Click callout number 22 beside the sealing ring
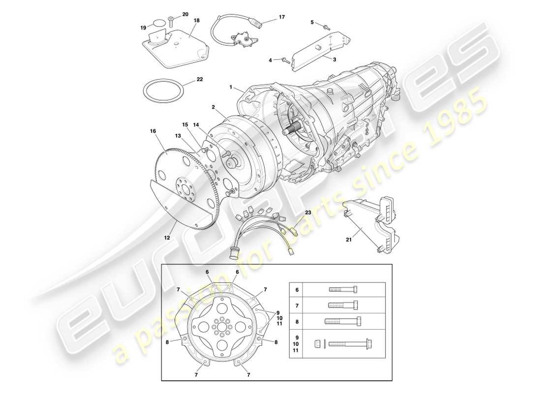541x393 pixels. (200, 79)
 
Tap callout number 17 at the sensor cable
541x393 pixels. (282, 17)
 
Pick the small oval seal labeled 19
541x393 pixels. (158, 23)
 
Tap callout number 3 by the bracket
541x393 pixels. (334, 59)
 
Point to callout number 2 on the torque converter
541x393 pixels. (214, 106)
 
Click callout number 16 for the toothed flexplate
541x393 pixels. (153, 131)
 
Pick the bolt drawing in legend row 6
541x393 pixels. (343, 290)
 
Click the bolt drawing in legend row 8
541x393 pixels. (343, 322)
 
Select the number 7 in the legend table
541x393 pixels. (297, 306)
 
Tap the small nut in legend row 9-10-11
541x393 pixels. (317, 343)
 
